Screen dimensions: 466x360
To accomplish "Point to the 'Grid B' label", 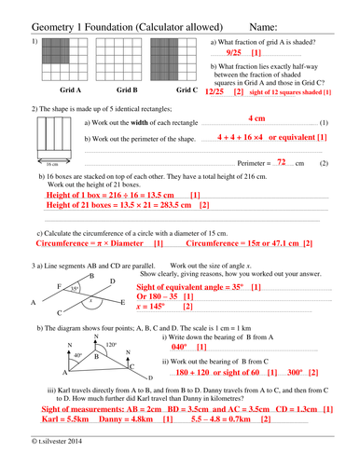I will click(x=127, y=90).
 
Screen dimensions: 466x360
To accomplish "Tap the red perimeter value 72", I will click(x=281, y=162).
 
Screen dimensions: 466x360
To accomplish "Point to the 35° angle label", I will click(x=75, y=289).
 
